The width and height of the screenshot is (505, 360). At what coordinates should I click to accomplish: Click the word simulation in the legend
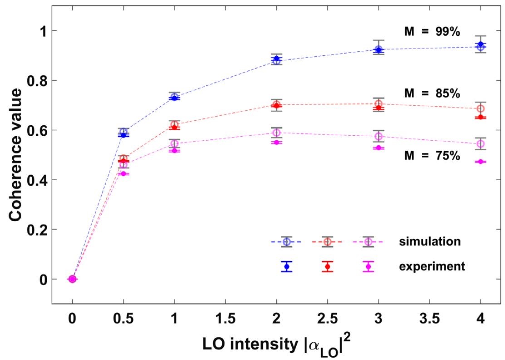pyautogui.click(x=430, y=242)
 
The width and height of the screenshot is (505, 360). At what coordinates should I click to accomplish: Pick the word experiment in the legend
pyautogui.click(x=432, y=266)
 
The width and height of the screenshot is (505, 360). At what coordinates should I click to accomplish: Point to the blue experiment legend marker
pyautogui.click(x=286, y=266)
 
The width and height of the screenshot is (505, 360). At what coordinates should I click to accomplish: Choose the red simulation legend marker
pyautogui.click(x=327, y=242)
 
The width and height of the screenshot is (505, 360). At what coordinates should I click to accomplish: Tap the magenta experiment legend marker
pyautogui.click(x=368, y=266)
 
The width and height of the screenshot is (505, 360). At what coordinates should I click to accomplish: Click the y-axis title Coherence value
pyautogui.click(x=17, y=154)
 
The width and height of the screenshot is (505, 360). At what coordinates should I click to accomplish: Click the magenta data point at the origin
pyautogui.click(x=72, y=279)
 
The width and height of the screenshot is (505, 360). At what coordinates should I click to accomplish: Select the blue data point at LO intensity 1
pyautogui.click(x=174, y=98)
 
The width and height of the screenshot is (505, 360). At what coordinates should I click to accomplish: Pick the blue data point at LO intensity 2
pyautogui.click(x=276, y=59)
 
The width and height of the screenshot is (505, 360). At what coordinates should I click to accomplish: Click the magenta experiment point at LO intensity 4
pyautogui.click(x=480, y=162)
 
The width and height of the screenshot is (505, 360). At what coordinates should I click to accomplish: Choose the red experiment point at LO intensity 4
pyautogui.click(x=480, y=117)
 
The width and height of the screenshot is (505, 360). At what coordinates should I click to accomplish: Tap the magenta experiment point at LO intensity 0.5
pyautogui.click(x=123, y=173)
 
